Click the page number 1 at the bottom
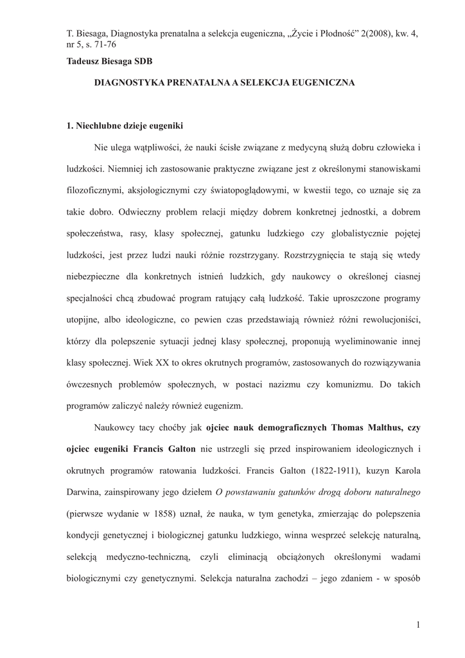coord(417,625)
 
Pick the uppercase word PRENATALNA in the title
coord(184,84)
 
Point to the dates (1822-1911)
coord(312,470)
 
